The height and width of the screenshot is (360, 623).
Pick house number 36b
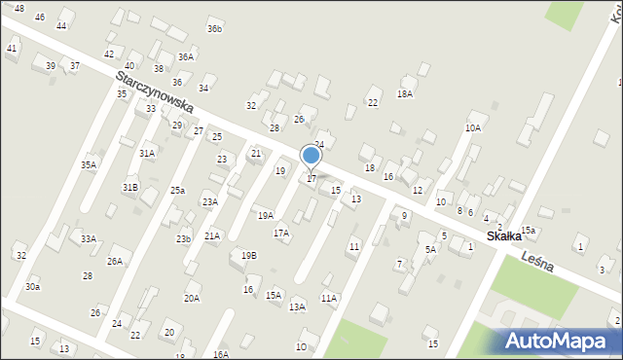[x=214, y=29]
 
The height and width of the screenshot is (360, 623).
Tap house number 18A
[x=405, y=94]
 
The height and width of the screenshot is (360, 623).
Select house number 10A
[x=473, y=127]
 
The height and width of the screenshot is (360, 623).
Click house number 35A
[x=89, y=165]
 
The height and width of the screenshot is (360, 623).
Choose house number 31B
[x=129, y=186]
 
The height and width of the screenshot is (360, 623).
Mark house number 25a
[x=177, y=191]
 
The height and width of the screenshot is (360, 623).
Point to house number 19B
[x=249, y=255]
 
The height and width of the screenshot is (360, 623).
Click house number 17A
[x=281, y=234]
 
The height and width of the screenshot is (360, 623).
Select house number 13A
[x=297, y=306]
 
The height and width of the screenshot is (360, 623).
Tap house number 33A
[x=89, y=238]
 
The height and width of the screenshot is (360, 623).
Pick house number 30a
[x=33, y=286]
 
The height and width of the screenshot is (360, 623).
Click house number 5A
[x=430, y=249]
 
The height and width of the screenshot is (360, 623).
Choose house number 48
[x=19, y=8]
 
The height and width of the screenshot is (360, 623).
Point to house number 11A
[x=329, y=299]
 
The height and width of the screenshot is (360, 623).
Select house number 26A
[x=115, y=261]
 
